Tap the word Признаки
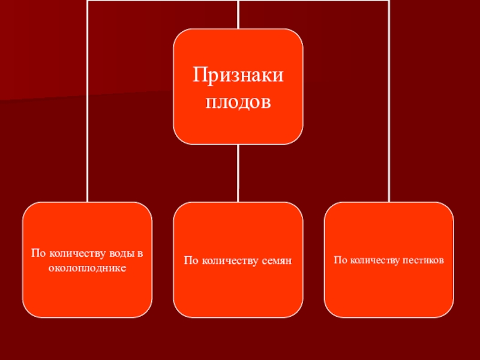[238, 76]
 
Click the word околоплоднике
[88, 267]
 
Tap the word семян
[276, 260]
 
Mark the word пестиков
[424, 260]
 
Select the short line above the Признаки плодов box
[238, 14]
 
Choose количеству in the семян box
[228, 260]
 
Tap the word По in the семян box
[191, 260]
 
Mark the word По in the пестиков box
[340, 260]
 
